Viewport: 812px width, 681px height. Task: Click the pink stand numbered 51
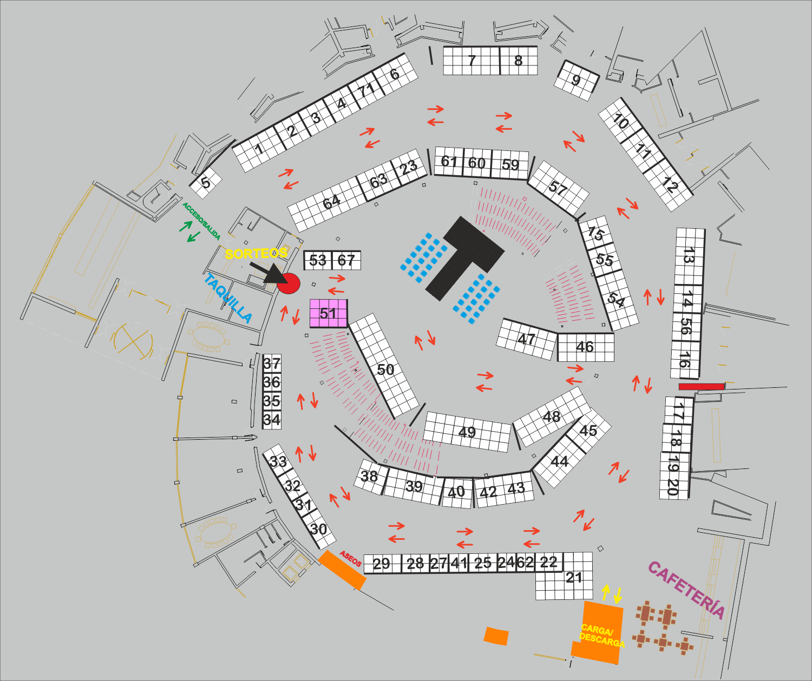coord(328,313)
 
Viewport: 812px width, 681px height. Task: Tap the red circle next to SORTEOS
coord(289,283)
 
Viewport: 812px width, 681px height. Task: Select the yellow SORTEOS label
coord(256,253)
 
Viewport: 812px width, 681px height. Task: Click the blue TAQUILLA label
coord(228,298)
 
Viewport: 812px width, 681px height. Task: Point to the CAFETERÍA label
coord(686,589)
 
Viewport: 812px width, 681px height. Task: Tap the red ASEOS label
coord(350,558)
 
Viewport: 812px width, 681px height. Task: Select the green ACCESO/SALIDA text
coord(201,221)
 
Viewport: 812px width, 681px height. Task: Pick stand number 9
coord(577,81)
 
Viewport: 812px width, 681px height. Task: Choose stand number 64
coord(331,202)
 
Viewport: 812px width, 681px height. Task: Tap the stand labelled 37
coord(272,363)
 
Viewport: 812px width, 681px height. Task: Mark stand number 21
coord(573,578)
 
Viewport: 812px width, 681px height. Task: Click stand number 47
coord(526,339)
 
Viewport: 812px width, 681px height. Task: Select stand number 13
coord(689,255)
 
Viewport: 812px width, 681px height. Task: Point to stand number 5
coord(206,182)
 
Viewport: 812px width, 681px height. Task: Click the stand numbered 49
coord(467,432)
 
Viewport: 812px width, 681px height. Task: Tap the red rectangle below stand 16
coord(702,386)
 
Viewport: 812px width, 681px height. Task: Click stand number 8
coord(518,61)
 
